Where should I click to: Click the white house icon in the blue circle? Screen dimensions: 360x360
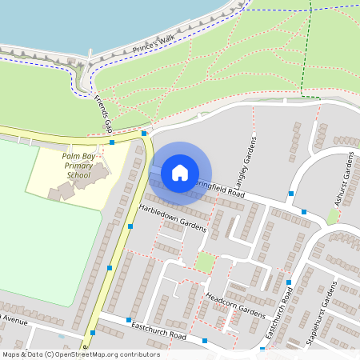coord(180,173)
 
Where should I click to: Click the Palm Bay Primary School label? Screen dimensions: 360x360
coord(78,166)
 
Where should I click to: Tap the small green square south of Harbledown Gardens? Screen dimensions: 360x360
coord(206,262)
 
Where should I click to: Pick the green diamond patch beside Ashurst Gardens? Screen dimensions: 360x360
coord(332,216)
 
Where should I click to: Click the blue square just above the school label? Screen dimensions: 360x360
coord(112,142)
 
